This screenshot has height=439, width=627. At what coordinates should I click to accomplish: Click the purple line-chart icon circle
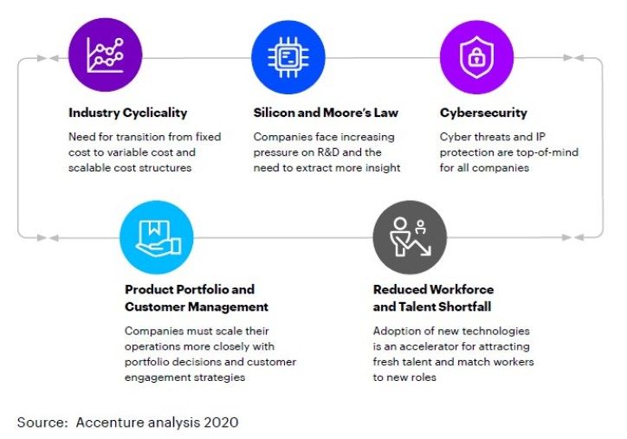pos(105,55)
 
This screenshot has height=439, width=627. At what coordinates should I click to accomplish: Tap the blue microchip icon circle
pos(288,57)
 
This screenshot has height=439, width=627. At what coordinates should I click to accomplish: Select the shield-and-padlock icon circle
pos(476,57)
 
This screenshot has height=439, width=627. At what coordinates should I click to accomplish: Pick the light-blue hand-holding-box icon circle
pos(157,237)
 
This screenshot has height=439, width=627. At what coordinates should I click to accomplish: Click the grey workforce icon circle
pos(410,237)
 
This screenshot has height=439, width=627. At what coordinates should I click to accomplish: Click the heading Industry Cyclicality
pos(128,113)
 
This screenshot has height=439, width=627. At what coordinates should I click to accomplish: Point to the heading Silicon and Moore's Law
pos(326,113)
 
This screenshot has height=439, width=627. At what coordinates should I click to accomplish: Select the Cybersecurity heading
pos(483,113)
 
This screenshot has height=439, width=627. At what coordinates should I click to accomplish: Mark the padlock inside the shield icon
pos(476,57)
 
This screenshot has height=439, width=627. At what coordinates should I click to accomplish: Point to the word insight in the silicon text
pos(385,168)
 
